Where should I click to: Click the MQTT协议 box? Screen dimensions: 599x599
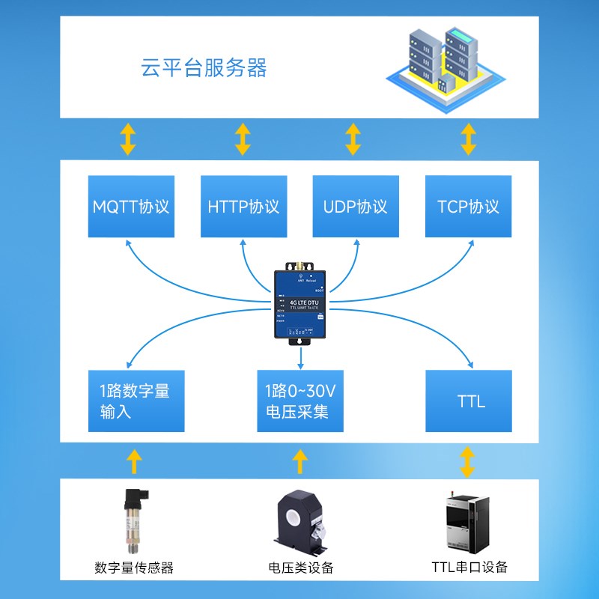tap(131, 207)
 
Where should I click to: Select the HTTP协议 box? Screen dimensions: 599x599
tap(243, 207)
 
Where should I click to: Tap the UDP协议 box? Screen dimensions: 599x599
tap(356, 207)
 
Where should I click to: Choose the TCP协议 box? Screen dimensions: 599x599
tap(468, 207)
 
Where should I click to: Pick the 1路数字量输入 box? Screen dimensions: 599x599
tap(131, 401)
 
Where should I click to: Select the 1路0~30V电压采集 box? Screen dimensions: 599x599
tap(299, 401)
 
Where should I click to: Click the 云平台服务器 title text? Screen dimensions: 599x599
tap(204, 69)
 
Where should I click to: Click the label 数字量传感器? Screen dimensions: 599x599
tap(135, 568)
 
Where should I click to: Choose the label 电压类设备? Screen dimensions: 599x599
tap(300, 568)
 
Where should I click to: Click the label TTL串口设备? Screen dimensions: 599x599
tap(469, 567)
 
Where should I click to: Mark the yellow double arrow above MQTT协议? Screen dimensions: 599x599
tap(129, 139)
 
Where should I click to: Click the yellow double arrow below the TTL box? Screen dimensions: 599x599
tap(468, 461)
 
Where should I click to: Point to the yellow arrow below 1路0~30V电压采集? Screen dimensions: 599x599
tap(300, 461)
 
